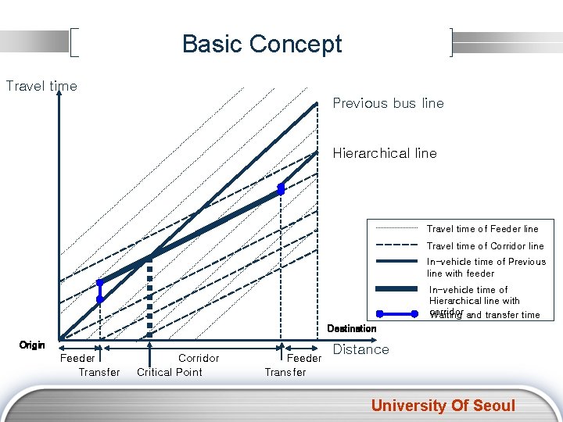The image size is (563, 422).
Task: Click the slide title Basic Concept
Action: (262, 44)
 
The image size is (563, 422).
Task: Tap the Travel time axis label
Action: (41, 86)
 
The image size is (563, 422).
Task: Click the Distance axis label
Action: (360, 349)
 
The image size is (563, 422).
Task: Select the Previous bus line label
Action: (388, 103)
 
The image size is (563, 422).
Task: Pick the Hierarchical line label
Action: (385, 153)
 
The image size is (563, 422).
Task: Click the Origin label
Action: (32, 345)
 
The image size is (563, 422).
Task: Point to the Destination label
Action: (351, 328)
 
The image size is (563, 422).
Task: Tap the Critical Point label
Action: (170, 372)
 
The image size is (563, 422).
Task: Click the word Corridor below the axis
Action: (199, 358)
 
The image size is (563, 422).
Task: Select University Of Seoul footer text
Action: (443, 405)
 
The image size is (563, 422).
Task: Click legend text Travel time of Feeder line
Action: (482, 229)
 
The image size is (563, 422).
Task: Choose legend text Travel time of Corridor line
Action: (485, 245)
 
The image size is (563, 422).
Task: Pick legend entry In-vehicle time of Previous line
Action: (486, 267)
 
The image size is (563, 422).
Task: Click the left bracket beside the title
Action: (74, 43)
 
